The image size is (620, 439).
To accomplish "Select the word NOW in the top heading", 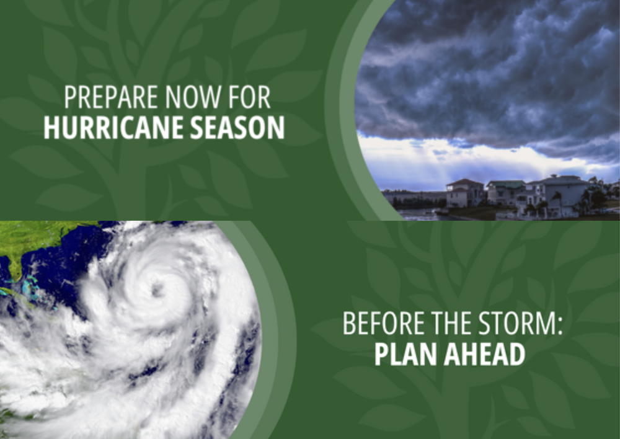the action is (193, 97).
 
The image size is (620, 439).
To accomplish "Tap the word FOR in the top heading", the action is (249, 97).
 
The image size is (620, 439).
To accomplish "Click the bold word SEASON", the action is (237, 127).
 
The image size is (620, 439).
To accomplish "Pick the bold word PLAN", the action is (405, 354).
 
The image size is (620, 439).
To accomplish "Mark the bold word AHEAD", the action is (484, 354).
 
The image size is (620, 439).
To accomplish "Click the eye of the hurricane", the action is (157, 290).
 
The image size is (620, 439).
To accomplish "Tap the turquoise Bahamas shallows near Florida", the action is (30, 286).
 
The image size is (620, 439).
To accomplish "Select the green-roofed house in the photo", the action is (505, 192).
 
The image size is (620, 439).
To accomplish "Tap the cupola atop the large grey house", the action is (554, 176).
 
